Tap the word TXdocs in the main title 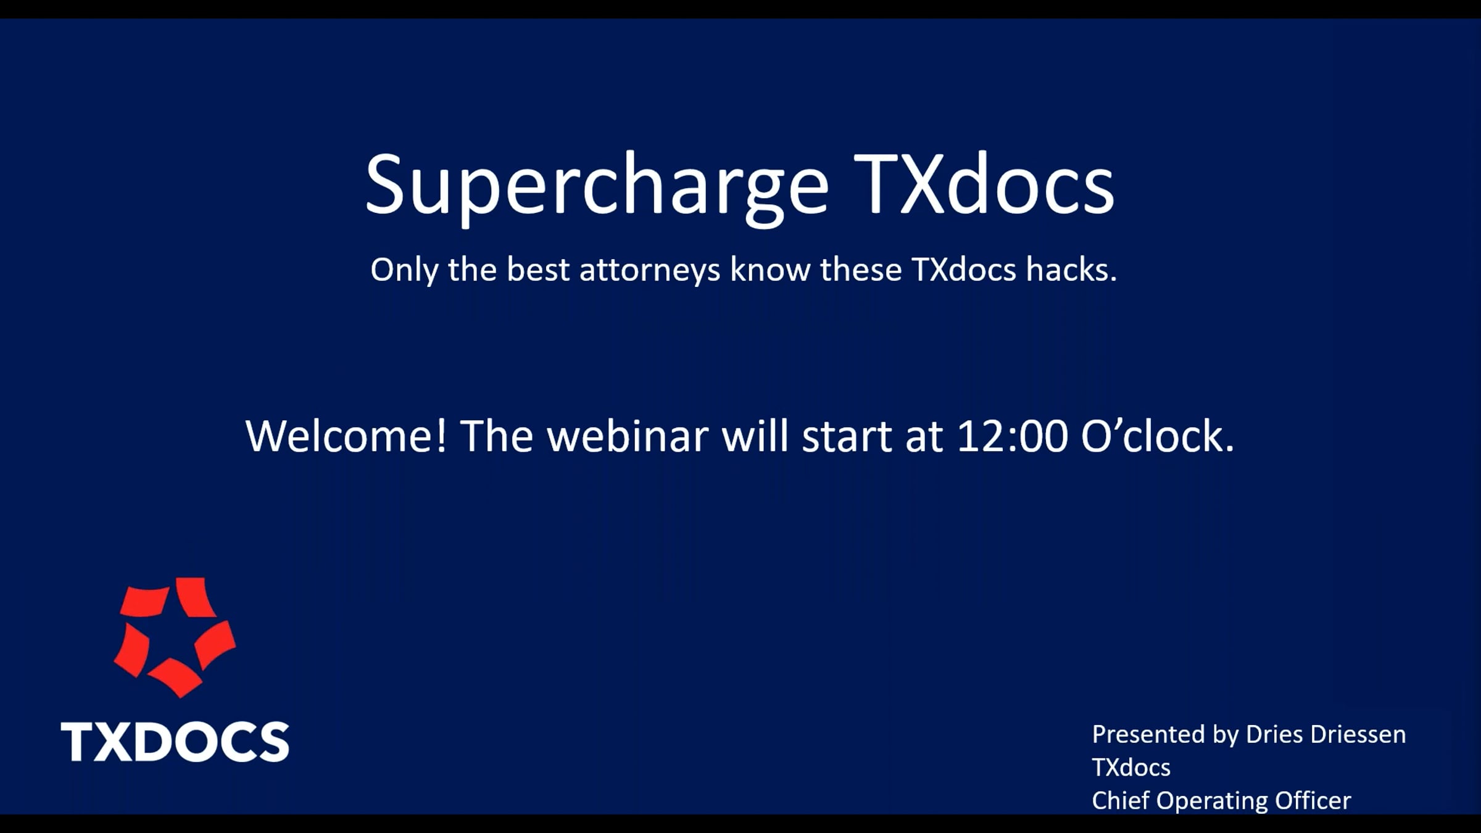[984, 184]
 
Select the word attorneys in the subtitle [650, 271]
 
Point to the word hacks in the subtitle [1072, 270]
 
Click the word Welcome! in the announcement [346, 436]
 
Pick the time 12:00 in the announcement [1012, 436]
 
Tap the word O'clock [1158, 436]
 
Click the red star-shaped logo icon [175, 637]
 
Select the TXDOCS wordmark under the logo [175, 742]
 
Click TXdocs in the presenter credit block [1131, 768]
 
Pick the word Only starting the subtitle [404, 271]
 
